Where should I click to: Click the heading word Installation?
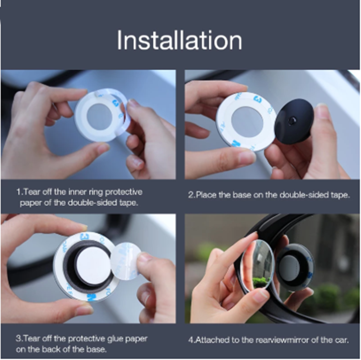(180, 40)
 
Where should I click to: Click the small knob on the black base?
(293, 119)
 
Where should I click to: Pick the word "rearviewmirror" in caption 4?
(282, 340)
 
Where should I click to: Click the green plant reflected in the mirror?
(261, 282)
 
